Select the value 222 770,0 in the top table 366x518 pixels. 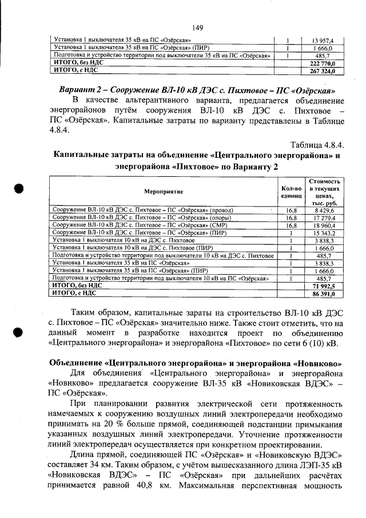(322, 64)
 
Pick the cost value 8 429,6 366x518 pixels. (324, 210)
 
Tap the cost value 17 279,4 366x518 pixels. (324, 218)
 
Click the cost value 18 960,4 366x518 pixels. (324, 226)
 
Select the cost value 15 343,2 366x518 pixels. (324, 233)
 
